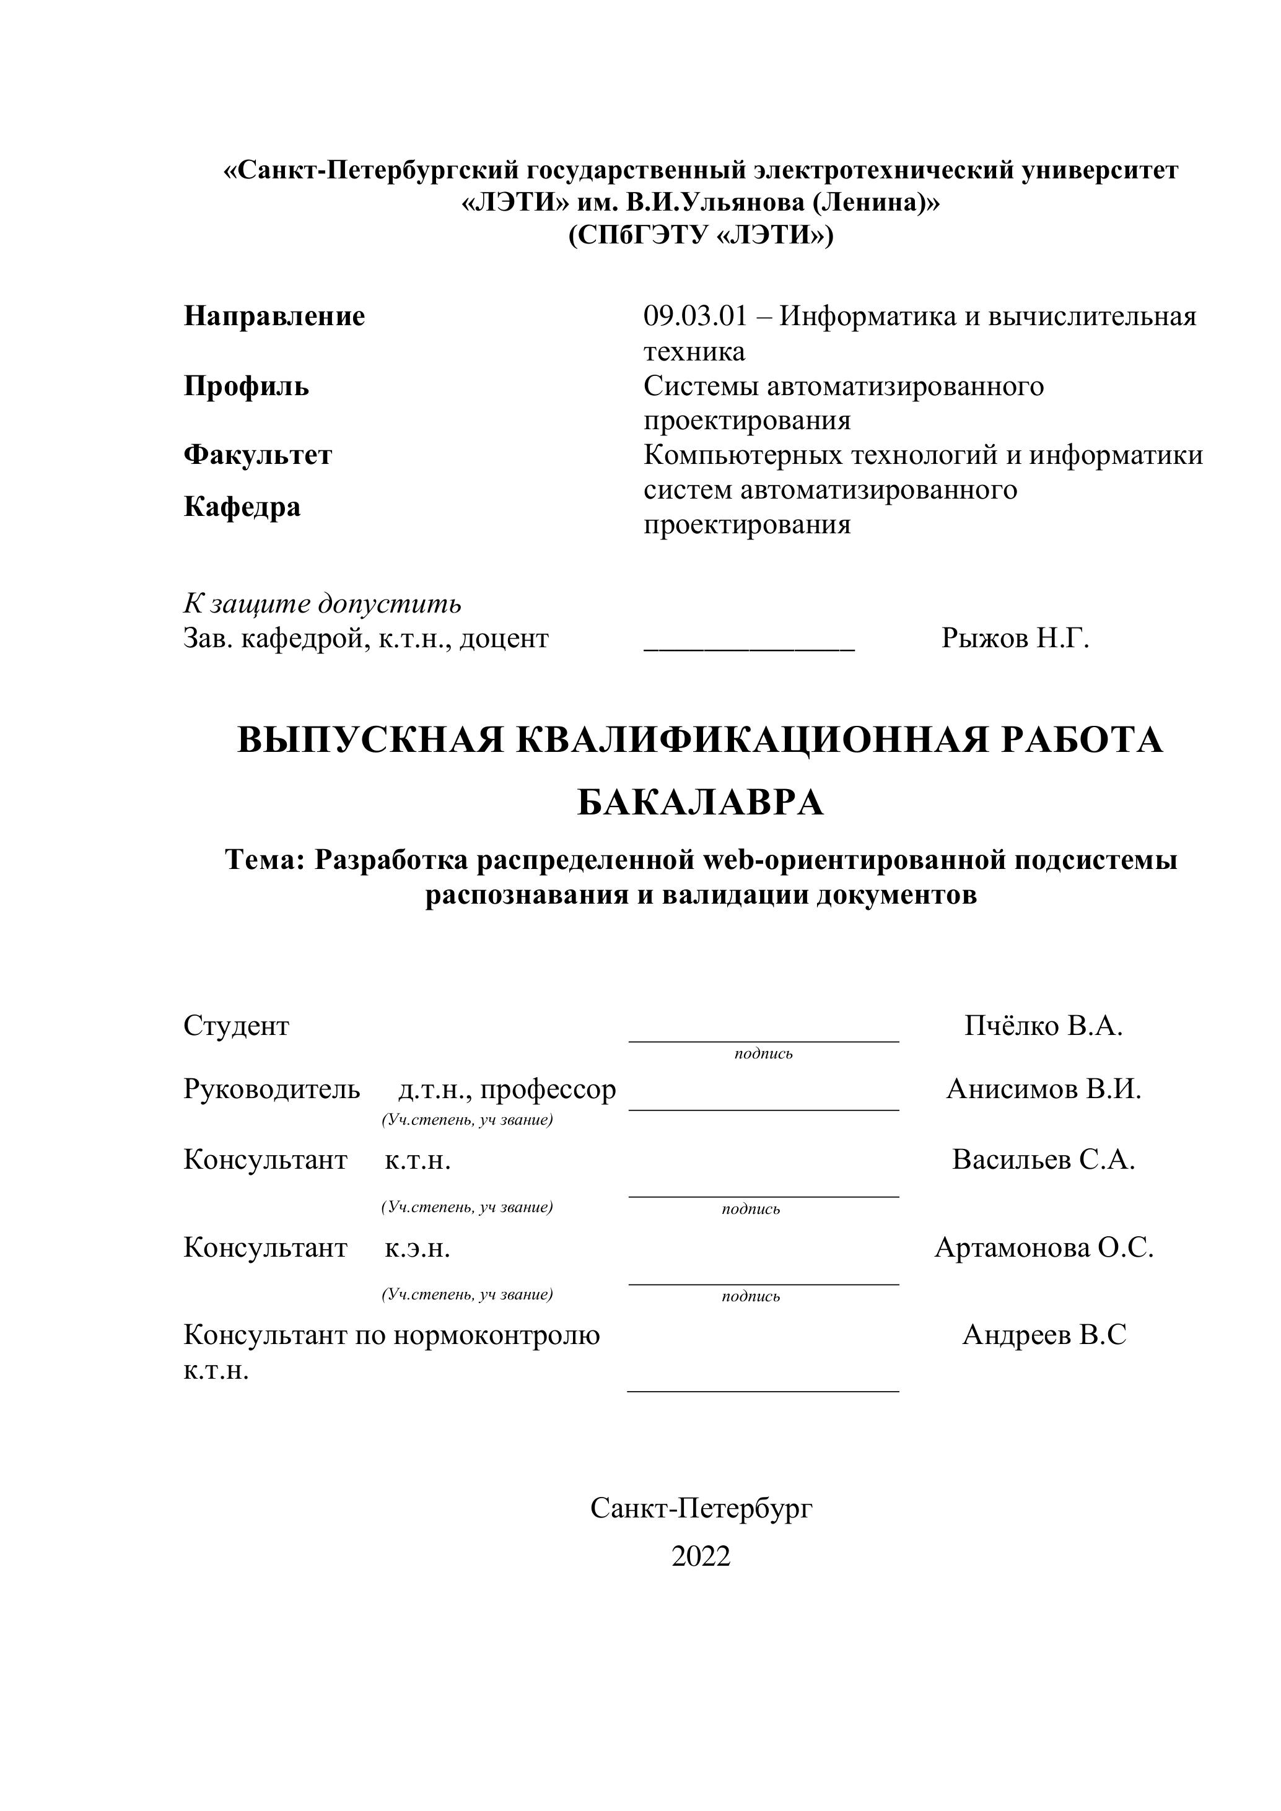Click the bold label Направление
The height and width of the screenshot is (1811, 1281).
click(274, 316)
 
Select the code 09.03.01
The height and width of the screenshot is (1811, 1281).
click(694, 316)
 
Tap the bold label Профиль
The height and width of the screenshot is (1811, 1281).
click(246, 386)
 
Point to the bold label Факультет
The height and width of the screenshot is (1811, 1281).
click(258, 455)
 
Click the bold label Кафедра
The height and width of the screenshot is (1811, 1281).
click(242, 507)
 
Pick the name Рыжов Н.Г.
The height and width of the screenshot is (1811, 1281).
click(1015, 638)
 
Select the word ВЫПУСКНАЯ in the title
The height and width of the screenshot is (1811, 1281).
click(370, 741)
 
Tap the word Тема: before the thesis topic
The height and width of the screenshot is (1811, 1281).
click(265, 859)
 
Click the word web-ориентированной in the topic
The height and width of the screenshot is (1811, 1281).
click(854, 859)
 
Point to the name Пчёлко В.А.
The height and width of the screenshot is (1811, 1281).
click(1043, 1026)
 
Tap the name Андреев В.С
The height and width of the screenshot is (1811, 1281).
click(1044, 1335)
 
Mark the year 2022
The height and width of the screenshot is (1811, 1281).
click(701, 1556)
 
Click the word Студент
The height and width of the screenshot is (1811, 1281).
click(237, 1026)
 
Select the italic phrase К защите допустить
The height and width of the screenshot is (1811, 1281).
click(323, 603)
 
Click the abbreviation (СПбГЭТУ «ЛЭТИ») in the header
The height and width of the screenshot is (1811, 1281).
click(701, 235)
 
